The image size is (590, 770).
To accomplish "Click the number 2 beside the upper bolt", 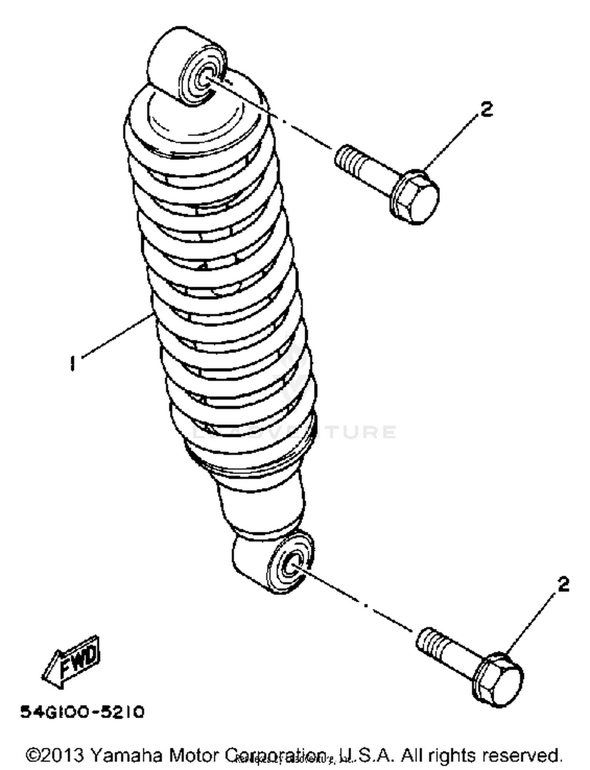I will coord(487,109).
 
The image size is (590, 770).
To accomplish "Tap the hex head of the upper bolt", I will coord(418,198).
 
